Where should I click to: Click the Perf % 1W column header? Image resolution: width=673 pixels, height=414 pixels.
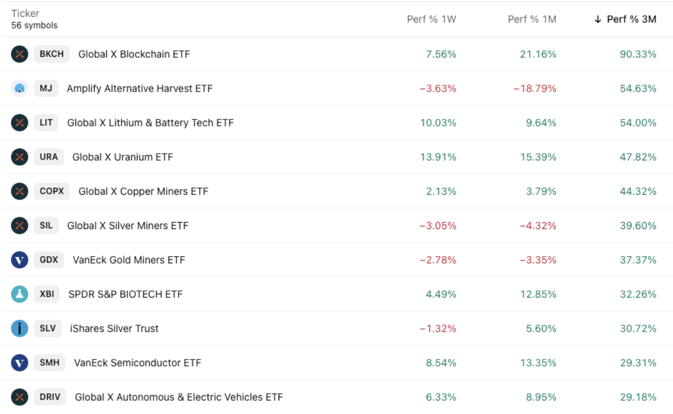(x=431, y=19)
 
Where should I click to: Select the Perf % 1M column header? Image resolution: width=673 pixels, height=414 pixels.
(x=531, y=19)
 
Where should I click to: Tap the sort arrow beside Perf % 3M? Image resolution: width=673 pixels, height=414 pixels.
(x=598, y=19)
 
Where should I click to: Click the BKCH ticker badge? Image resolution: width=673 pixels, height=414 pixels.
(x=52, y=54)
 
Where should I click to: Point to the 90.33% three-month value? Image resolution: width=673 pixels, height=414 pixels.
(x=638, y=54)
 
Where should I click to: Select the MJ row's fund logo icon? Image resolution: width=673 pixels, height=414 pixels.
(x=20, y=88)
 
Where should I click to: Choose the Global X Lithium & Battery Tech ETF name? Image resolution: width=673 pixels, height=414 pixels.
(x=150, y=122)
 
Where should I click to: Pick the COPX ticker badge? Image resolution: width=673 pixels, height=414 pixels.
(x=52, y=191)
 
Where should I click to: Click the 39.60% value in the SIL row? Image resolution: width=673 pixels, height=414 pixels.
(x=638, y=225)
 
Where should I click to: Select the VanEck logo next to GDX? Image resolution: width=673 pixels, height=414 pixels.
(x=20, y=259)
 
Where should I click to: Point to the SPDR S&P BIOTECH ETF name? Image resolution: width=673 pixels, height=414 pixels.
(x=125, y=294)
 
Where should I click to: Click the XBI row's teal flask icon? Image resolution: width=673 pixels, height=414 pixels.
(x=20, y=294)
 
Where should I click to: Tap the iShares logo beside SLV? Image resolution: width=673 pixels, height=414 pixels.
(x=20, y=328)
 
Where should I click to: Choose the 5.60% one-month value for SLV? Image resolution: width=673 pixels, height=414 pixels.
(x=541, y=328)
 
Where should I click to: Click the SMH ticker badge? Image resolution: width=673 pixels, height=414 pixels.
(x=49, y=362)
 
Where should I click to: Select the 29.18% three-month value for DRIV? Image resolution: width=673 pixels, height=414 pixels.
(x=638, y=397)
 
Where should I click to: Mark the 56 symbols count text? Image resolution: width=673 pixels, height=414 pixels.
(x=34, y=26)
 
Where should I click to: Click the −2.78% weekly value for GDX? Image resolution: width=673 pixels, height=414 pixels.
(x=438, y=259)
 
